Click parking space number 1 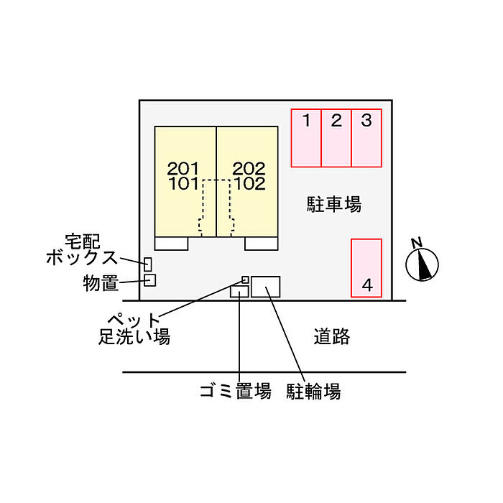point(306,137)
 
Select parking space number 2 point(336,137)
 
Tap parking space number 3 point(366,137)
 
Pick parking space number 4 point(366,267)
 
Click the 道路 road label point(332,336)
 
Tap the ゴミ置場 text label point(236,392)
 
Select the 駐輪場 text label point(313,392)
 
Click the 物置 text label point(100,284)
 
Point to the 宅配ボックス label point(83,249)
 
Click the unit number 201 point(183,169)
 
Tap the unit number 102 point(249,183)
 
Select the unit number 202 point(249,169)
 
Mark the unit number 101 point(183,183)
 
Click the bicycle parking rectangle point(266,287)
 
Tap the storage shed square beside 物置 point(149,280)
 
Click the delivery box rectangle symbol point(148,264)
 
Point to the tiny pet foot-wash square point(245,280)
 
